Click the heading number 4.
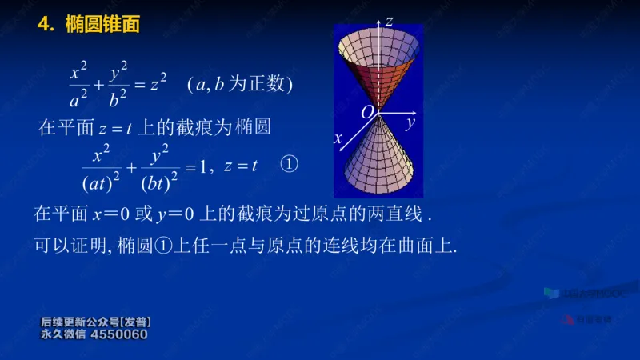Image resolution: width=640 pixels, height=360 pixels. coord(45,25)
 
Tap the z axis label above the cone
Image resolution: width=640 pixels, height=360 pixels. coord(389,22)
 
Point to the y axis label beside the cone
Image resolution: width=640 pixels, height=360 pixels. coord(409,123)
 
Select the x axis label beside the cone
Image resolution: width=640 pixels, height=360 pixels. coord(338,138)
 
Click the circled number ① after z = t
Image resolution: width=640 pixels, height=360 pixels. coord(288,165)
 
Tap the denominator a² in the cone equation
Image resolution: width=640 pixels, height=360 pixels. coord(78,99)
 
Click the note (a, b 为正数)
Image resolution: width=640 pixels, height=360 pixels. coord(241,83)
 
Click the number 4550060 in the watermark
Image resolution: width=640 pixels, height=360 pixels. coord(120,334)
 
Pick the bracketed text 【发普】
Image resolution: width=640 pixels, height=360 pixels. coord(133,322)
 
